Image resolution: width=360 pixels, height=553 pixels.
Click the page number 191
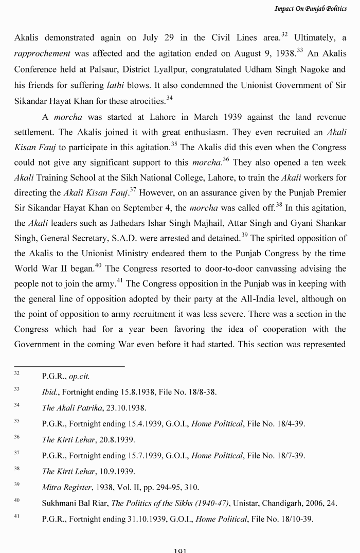tap(179, 550)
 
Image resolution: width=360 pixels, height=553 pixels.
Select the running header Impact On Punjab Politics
tap(311, 9)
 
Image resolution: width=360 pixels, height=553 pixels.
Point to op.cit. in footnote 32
tap(79, 376)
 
